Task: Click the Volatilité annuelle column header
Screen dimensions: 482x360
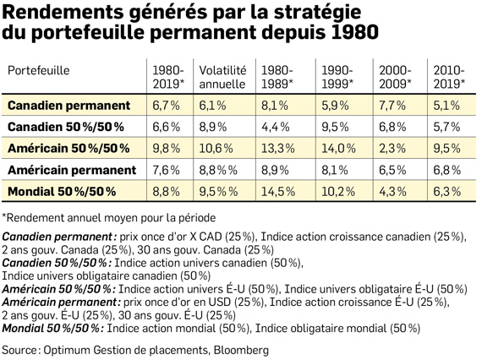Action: pyautogui.click(x=222, y=77)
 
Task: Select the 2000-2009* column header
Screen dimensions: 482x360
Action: pyautogui.click(x=395, y=77)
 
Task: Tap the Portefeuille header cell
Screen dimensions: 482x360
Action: pyautogui.click(x=39, y=71)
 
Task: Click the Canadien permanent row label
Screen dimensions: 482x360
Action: pyautogui.click(x=68, y=106)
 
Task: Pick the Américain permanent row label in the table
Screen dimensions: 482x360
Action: pyautogui.click(x=72, y=170)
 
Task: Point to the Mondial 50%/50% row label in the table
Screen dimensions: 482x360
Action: pyautogui.click(x=62, y=191)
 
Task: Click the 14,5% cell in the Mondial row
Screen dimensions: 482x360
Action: pyautogui.click(x=278, y=192)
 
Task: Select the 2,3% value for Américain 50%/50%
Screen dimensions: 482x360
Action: pyautogui.click(x=392, y=149)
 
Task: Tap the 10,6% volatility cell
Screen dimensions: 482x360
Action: pyautogui.click(x=216, y=149)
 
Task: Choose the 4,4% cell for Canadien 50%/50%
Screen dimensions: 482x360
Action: pyautogui.click(x=276, y=127)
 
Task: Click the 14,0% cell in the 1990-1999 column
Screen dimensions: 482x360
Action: pyautogui.click(x=339, y=149)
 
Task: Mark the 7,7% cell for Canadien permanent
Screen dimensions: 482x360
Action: pyautogui.click(x=392, y=106)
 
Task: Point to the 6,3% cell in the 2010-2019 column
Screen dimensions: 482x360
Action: pyautogui.click(x=447, y=192)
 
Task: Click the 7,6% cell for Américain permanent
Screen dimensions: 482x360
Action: pyautogui.click(x=167, y=170)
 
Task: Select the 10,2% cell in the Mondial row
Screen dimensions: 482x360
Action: pyautogui.click(x=338, y=192)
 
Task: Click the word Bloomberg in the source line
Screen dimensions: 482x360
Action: pyautogui.click(x=241, y=350)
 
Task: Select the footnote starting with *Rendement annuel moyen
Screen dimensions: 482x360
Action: pyautogui.click(x=109, y=218)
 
